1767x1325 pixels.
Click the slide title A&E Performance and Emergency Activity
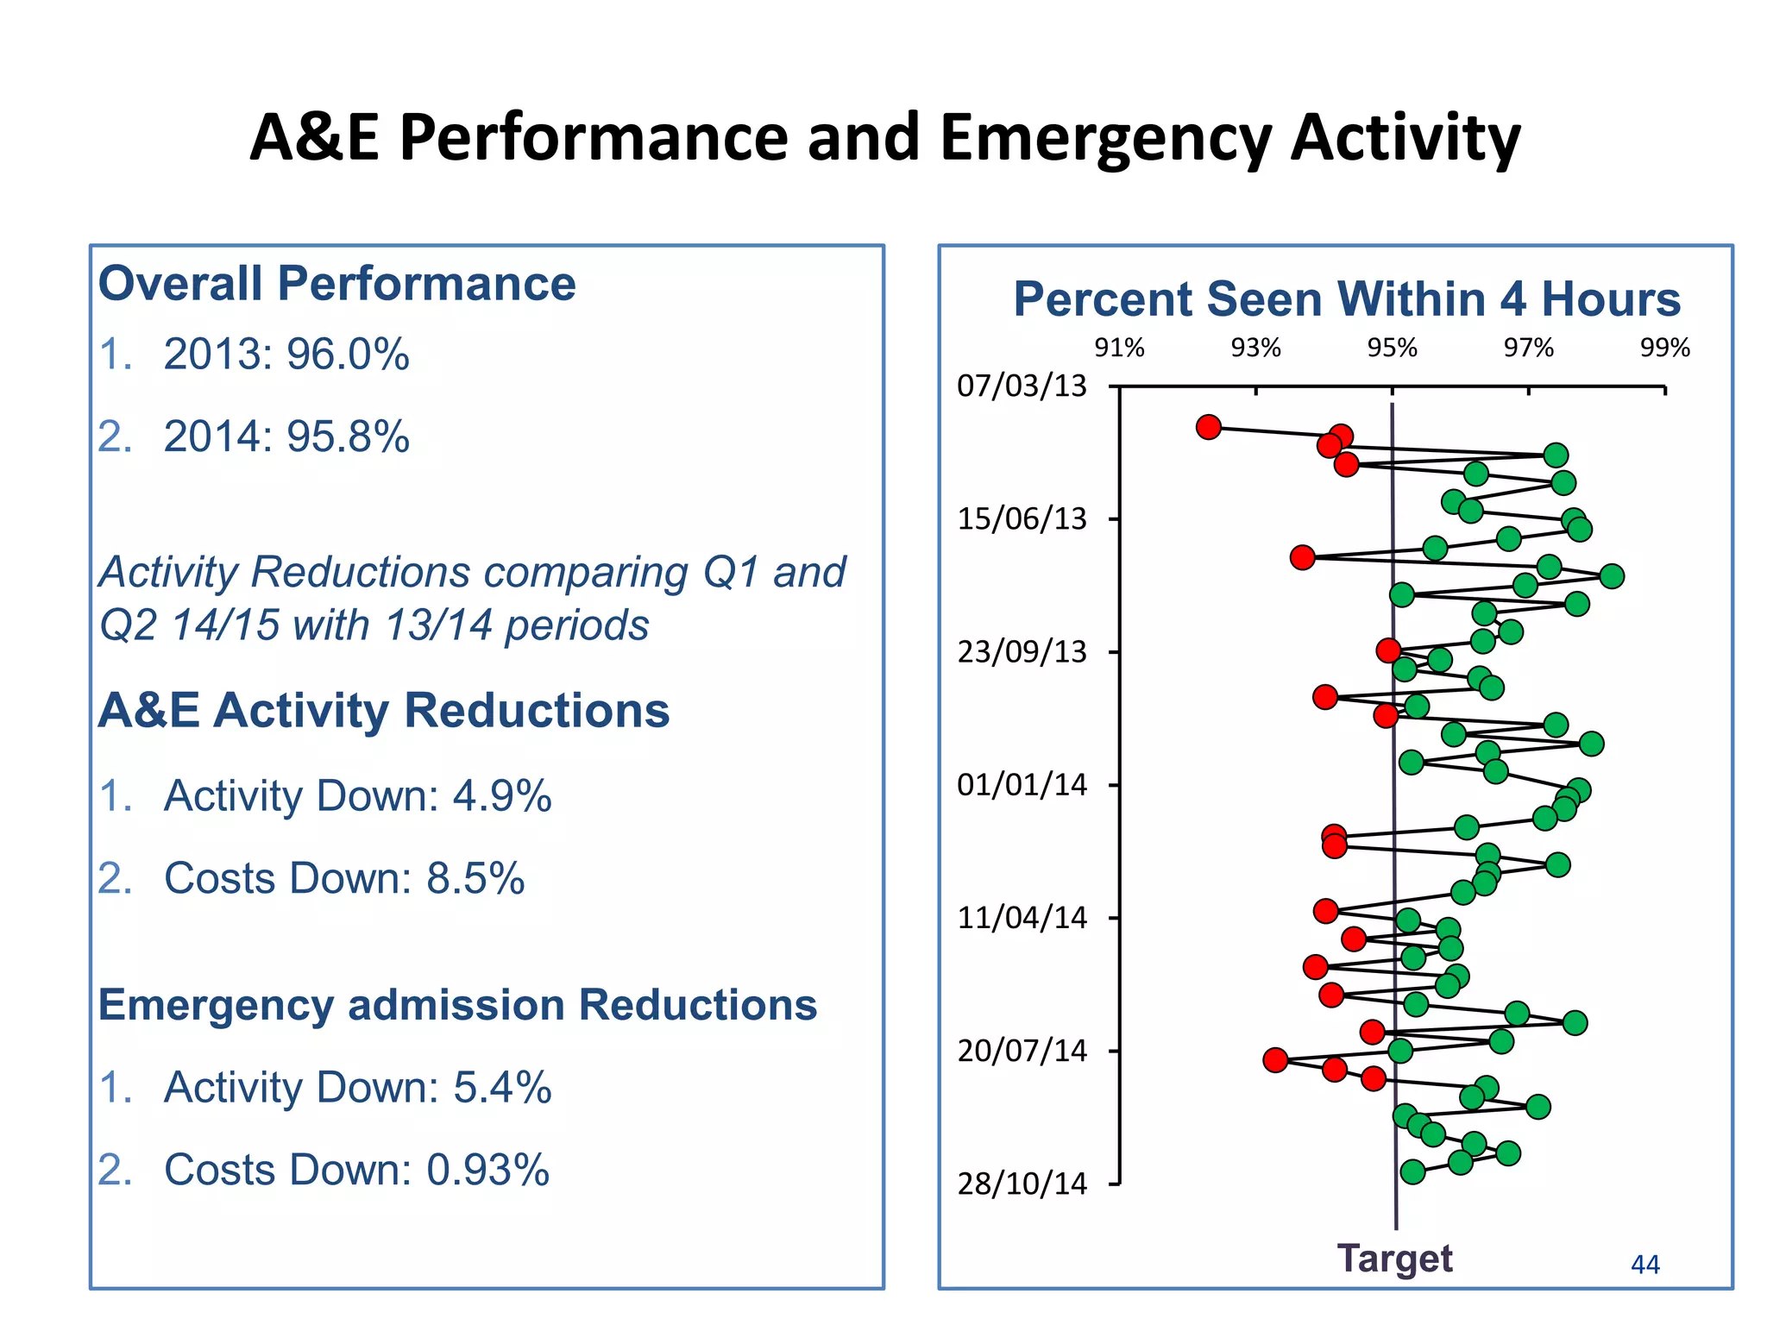[x=884, y=138]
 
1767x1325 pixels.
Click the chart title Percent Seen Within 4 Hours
[x=1346, y=299]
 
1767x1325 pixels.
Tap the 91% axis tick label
[x=1119, y=348]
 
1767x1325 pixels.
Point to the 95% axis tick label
[x=1392, y=348]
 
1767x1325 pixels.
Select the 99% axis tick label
[x=1664, y=348]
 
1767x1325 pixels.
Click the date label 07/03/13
[x=1022, y=386]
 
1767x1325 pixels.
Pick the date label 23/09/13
[x=1022, y=651]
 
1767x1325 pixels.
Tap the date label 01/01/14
[x=1022, y=785]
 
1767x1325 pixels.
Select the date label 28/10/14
[x=1022, y=1184]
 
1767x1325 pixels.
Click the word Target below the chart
[x=1394, y=1259]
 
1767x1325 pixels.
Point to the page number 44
[x=1644, y=1265]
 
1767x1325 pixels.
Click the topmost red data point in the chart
[x=1209, y=427]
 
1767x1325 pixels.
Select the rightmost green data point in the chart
[x=1611, y=575]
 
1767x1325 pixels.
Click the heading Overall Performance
[x=336, y=284]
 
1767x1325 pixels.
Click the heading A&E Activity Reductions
[x=383, y=711]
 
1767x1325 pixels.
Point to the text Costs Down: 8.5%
[x=343, y=878]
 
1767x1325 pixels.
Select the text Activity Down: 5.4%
[x=357, y=1087]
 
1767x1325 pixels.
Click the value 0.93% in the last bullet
[x=487, y=1171]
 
